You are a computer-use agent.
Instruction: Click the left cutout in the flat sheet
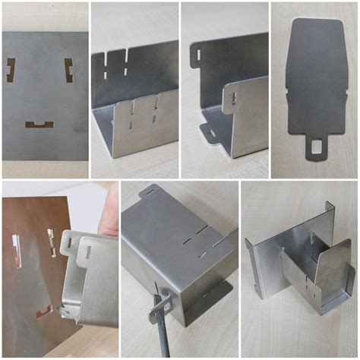(11, 69)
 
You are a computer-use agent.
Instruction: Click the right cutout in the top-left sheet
(68, 70)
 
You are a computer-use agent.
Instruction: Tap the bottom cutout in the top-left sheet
(38, 124)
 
